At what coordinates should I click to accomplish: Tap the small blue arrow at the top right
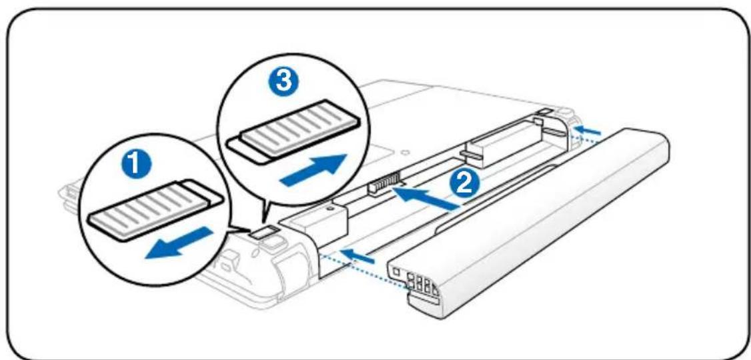point(588,128)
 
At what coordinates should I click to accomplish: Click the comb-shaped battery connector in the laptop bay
point(385,184)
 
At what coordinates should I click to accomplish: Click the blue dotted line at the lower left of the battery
point(363,267)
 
